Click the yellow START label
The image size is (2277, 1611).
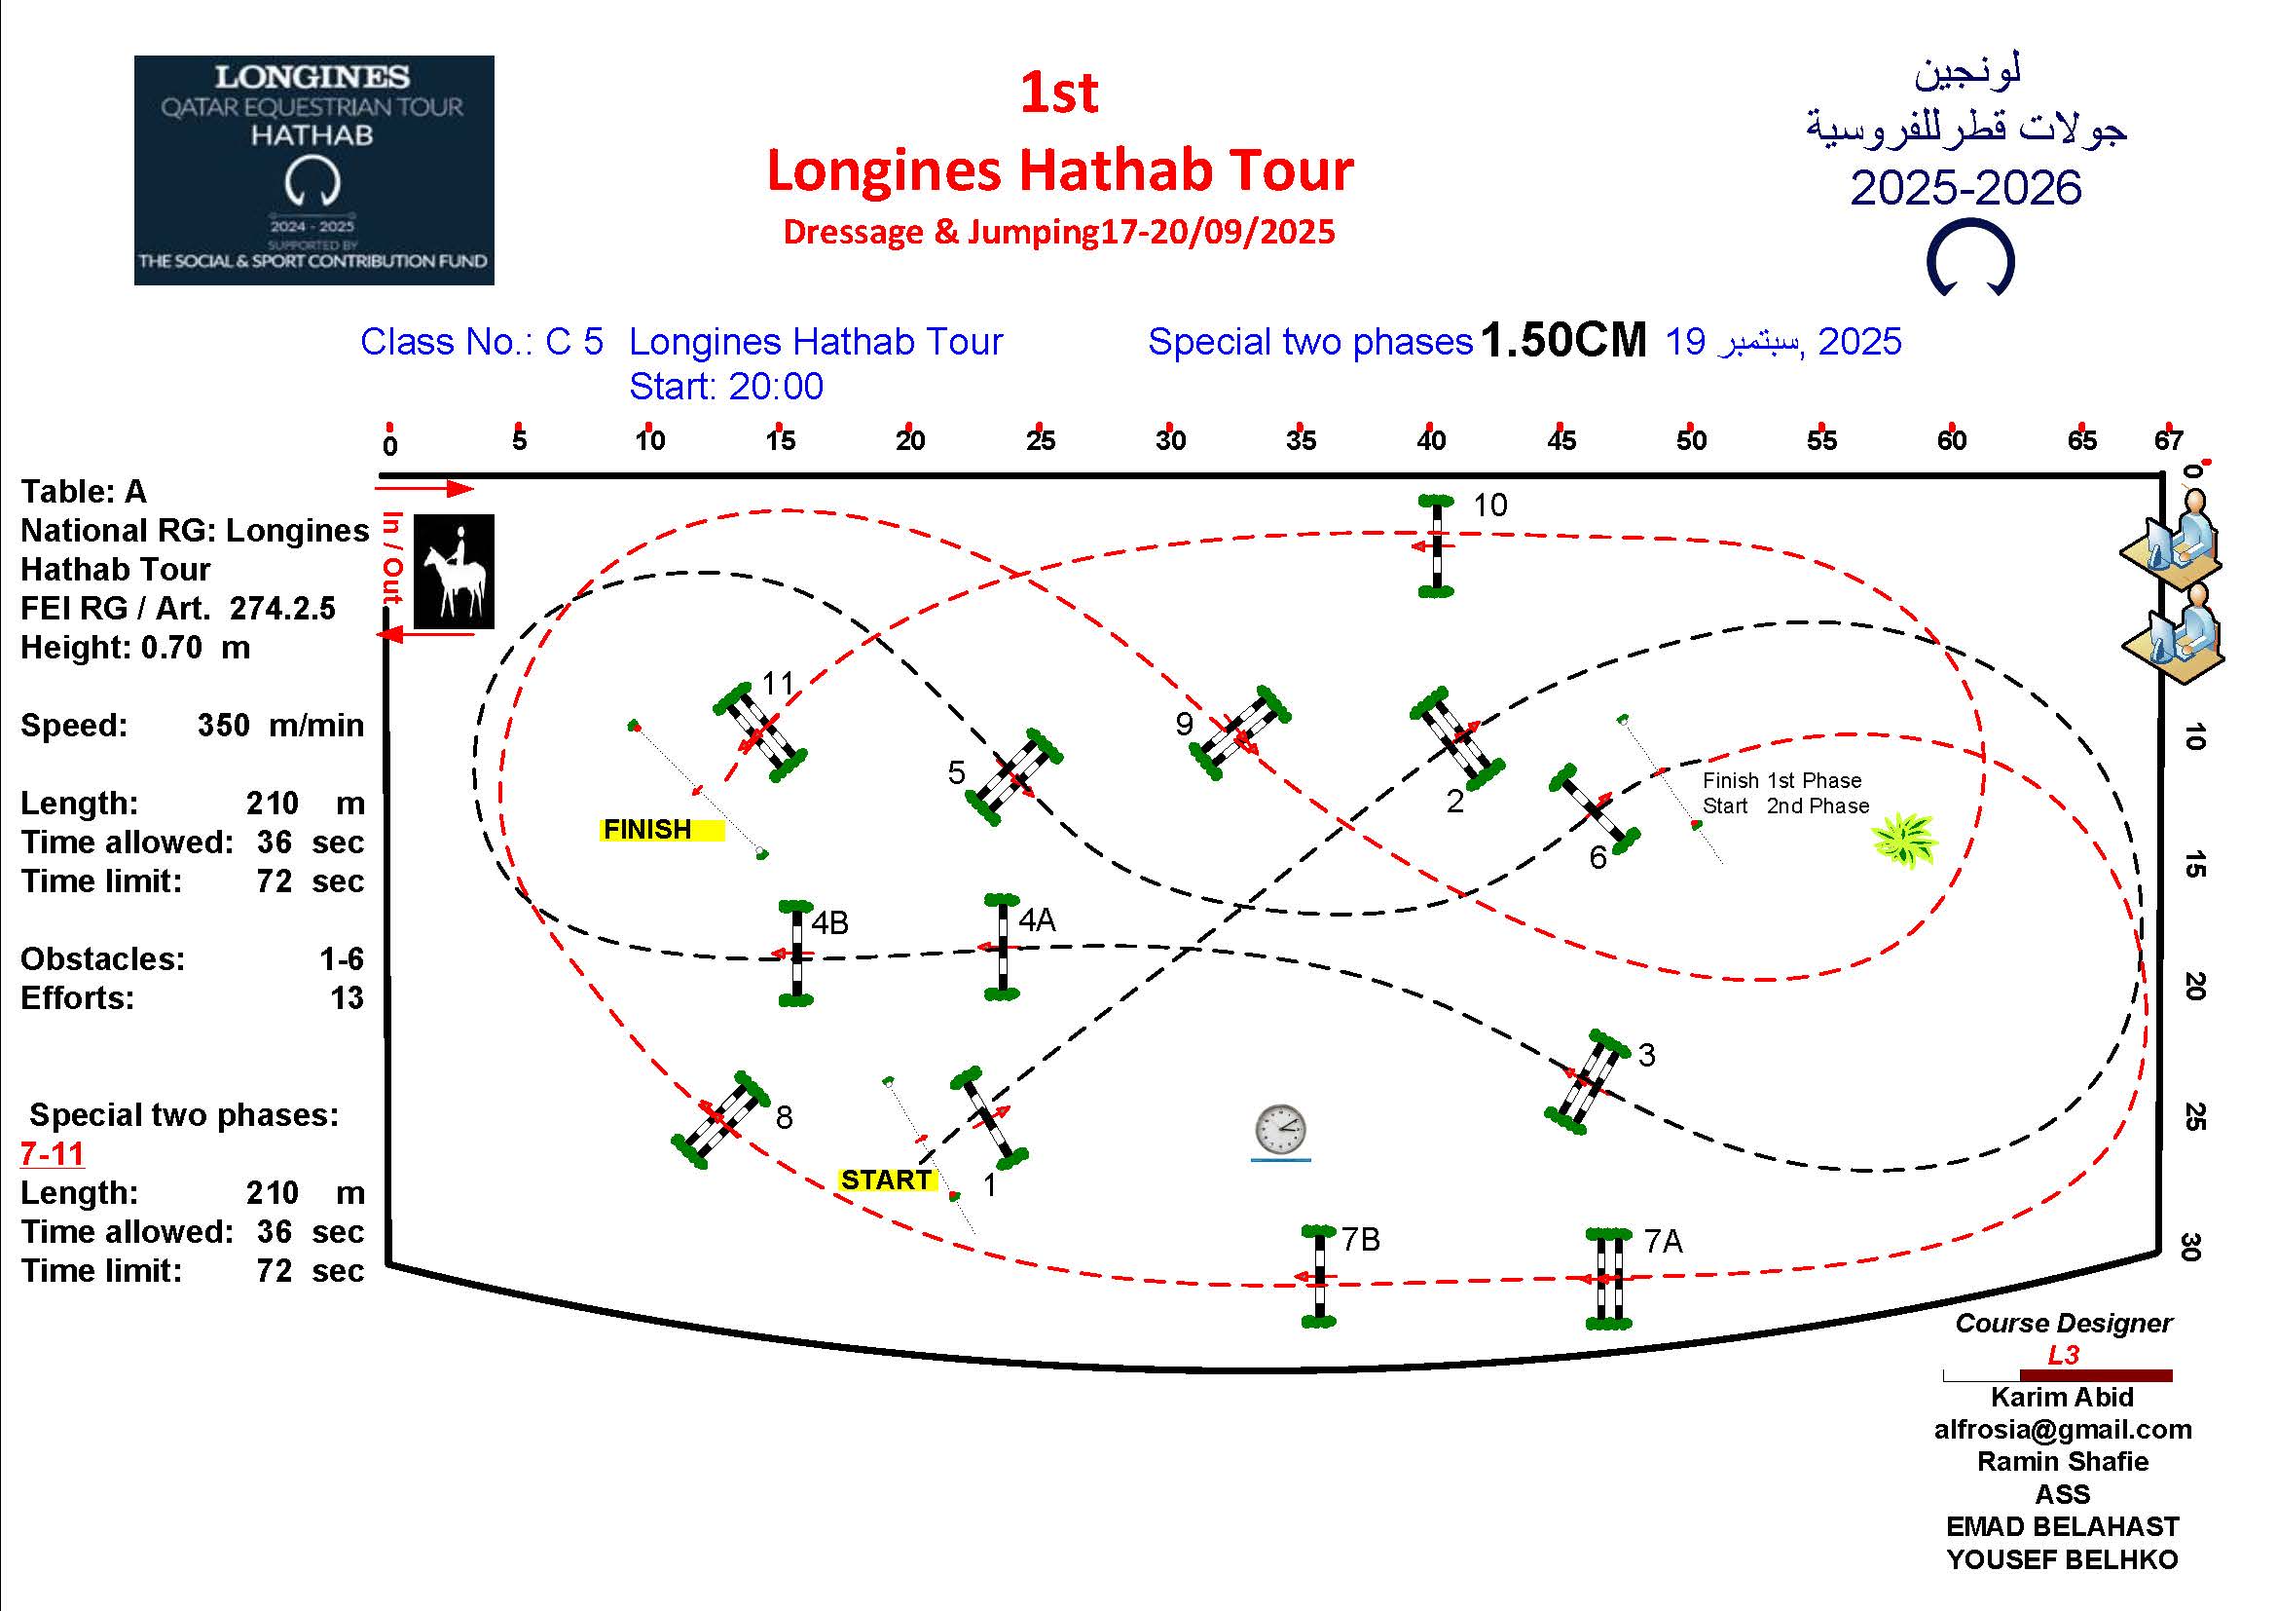(x=886, y=1180)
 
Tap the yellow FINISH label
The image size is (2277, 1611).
(x=661, y=829)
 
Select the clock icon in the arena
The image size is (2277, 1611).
(x=1280, y=1131)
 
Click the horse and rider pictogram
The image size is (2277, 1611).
(x=454, y=572)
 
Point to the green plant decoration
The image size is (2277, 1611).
(x=1904, y=840)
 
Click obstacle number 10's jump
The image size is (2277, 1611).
(x=1435, y=545)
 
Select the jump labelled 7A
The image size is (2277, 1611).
(x=1607, y=1279)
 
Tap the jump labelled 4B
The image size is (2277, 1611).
(x=796, y=954)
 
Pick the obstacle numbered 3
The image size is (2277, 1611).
(x=1587, y=1081)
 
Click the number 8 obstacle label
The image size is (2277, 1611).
(x=784, y=1118)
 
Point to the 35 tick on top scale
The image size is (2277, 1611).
(x=1301, y=440)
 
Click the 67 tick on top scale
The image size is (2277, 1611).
(x=2168, y=440)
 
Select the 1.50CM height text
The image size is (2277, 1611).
(x=1563, y=340)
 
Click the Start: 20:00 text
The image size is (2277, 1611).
(x=726, y=386)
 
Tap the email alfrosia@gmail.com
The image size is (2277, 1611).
(x=2062, y=1430)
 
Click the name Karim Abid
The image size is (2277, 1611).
(x=2062, y=1397)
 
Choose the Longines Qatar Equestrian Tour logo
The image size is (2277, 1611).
(x=313, y=169)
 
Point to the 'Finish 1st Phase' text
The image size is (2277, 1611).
(x=1781, y=781)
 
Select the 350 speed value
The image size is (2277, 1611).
(x=223, y=726)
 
